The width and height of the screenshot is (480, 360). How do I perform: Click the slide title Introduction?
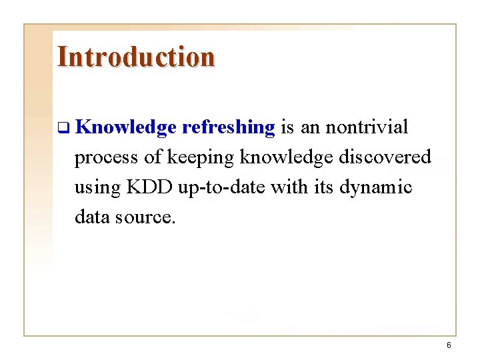click(136, 57)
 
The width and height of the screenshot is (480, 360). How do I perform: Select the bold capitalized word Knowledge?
click(125, 127)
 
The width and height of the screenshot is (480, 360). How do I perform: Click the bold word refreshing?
click(228, 127)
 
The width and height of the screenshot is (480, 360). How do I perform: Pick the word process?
click(98, 158)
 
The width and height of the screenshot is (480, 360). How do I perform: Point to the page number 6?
click(449, 345)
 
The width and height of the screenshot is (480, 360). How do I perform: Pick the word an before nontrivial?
click(310, 127)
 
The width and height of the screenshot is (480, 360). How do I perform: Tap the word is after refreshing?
click(287, 127)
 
